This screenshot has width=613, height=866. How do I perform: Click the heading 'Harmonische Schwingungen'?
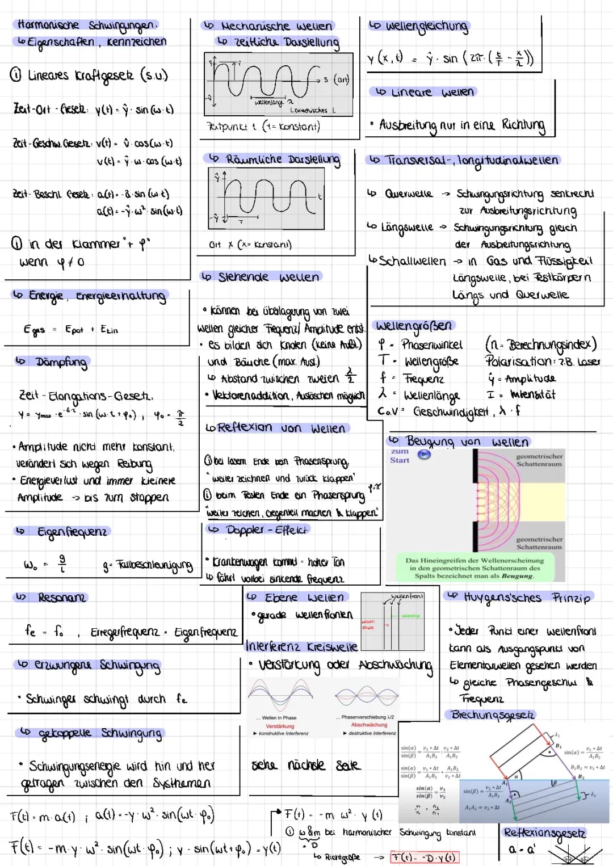[x=86, y=25]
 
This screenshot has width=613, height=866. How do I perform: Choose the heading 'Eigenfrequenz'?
[x=71, y=532]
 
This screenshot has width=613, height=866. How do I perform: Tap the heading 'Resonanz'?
[x=61, y=598]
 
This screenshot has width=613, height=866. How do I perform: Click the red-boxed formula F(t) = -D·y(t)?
[x=425, y=857]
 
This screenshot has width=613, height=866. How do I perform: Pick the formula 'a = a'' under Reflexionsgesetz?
[x=522, y=850]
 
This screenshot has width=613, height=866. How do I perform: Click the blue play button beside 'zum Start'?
[x=424, y=455]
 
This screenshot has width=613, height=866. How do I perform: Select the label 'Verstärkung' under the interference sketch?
[x=280, y=726]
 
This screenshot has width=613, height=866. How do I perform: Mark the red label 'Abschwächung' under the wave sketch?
[x=369, y=725]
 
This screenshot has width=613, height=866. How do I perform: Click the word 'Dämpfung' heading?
[x=61, y=362]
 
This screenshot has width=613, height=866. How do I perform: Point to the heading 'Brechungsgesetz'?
[x=493, y=715]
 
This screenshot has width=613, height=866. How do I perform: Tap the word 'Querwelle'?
[x=408, y=194]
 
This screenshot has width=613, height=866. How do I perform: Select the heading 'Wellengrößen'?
[x=414, y=326]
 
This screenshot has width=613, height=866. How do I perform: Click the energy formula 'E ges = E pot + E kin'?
[x=71, y=330]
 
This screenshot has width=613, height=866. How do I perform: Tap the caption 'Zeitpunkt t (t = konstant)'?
[x=263, y=127]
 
